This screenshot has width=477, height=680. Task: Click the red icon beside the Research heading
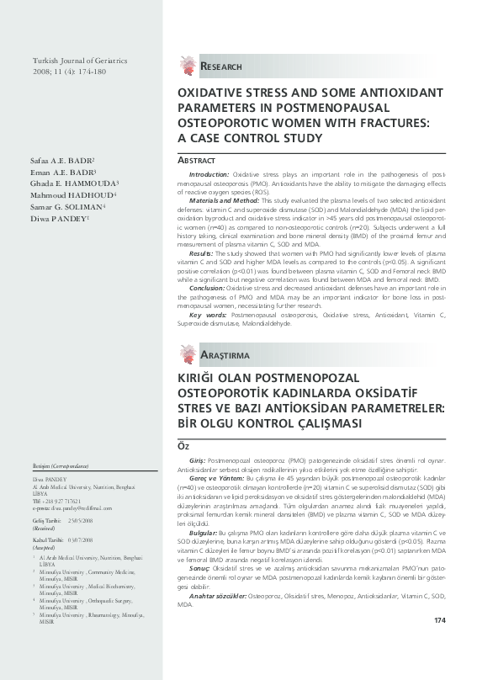186,64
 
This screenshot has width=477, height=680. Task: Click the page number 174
438,644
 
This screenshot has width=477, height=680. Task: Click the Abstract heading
195,160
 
